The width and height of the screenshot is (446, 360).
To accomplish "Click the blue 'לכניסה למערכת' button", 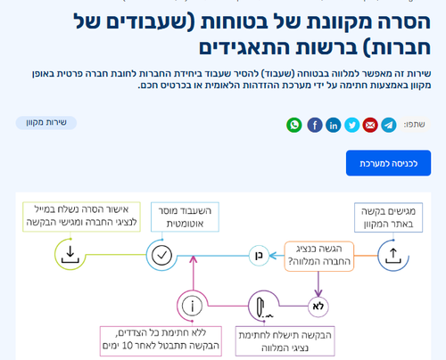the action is (x=388, y=163).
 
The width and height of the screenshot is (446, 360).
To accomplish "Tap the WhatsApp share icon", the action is (x=294, y=125).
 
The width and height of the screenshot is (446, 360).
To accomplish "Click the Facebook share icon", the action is (x=315, y=125).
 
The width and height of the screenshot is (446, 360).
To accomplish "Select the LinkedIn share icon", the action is (x=334, y=125).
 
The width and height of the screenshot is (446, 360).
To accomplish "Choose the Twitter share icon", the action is (x=352, y=125).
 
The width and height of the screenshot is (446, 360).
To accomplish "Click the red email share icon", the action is (x=370, y=125).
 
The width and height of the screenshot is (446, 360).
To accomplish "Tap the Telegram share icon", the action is (x=389, y=125).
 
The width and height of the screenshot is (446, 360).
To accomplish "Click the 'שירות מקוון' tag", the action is (x=46, y=123).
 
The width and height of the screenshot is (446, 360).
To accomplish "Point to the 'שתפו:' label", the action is (x=414, y=125).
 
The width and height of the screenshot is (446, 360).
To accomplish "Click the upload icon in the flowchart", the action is (x=393, y=257).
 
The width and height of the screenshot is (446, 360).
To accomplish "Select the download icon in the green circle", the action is (x=70, y=255).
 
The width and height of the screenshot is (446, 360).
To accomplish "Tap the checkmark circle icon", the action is (x=161, y=255).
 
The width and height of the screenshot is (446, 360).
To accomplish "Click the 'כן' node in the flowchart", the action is (x=259, y=256).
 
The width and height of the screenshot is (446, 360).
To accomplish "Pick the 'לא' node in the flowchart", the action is (x=318, y=307).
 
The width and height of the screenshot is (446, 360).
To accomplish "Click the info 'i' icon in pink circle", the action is (x=192, y=306).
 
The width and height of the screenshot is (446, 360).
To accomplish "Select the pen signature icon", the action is (x=264, y=307).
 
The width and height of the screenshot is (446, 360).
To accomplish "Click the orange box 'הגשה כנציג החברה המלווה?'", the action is (x=319, y=256).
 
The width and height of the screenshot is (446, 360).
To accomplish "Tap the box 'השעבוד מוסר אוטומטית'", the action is (x=185, y=217).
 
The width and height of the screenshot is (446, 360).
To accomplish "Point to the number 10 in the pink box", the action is (x=127, y=346).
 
